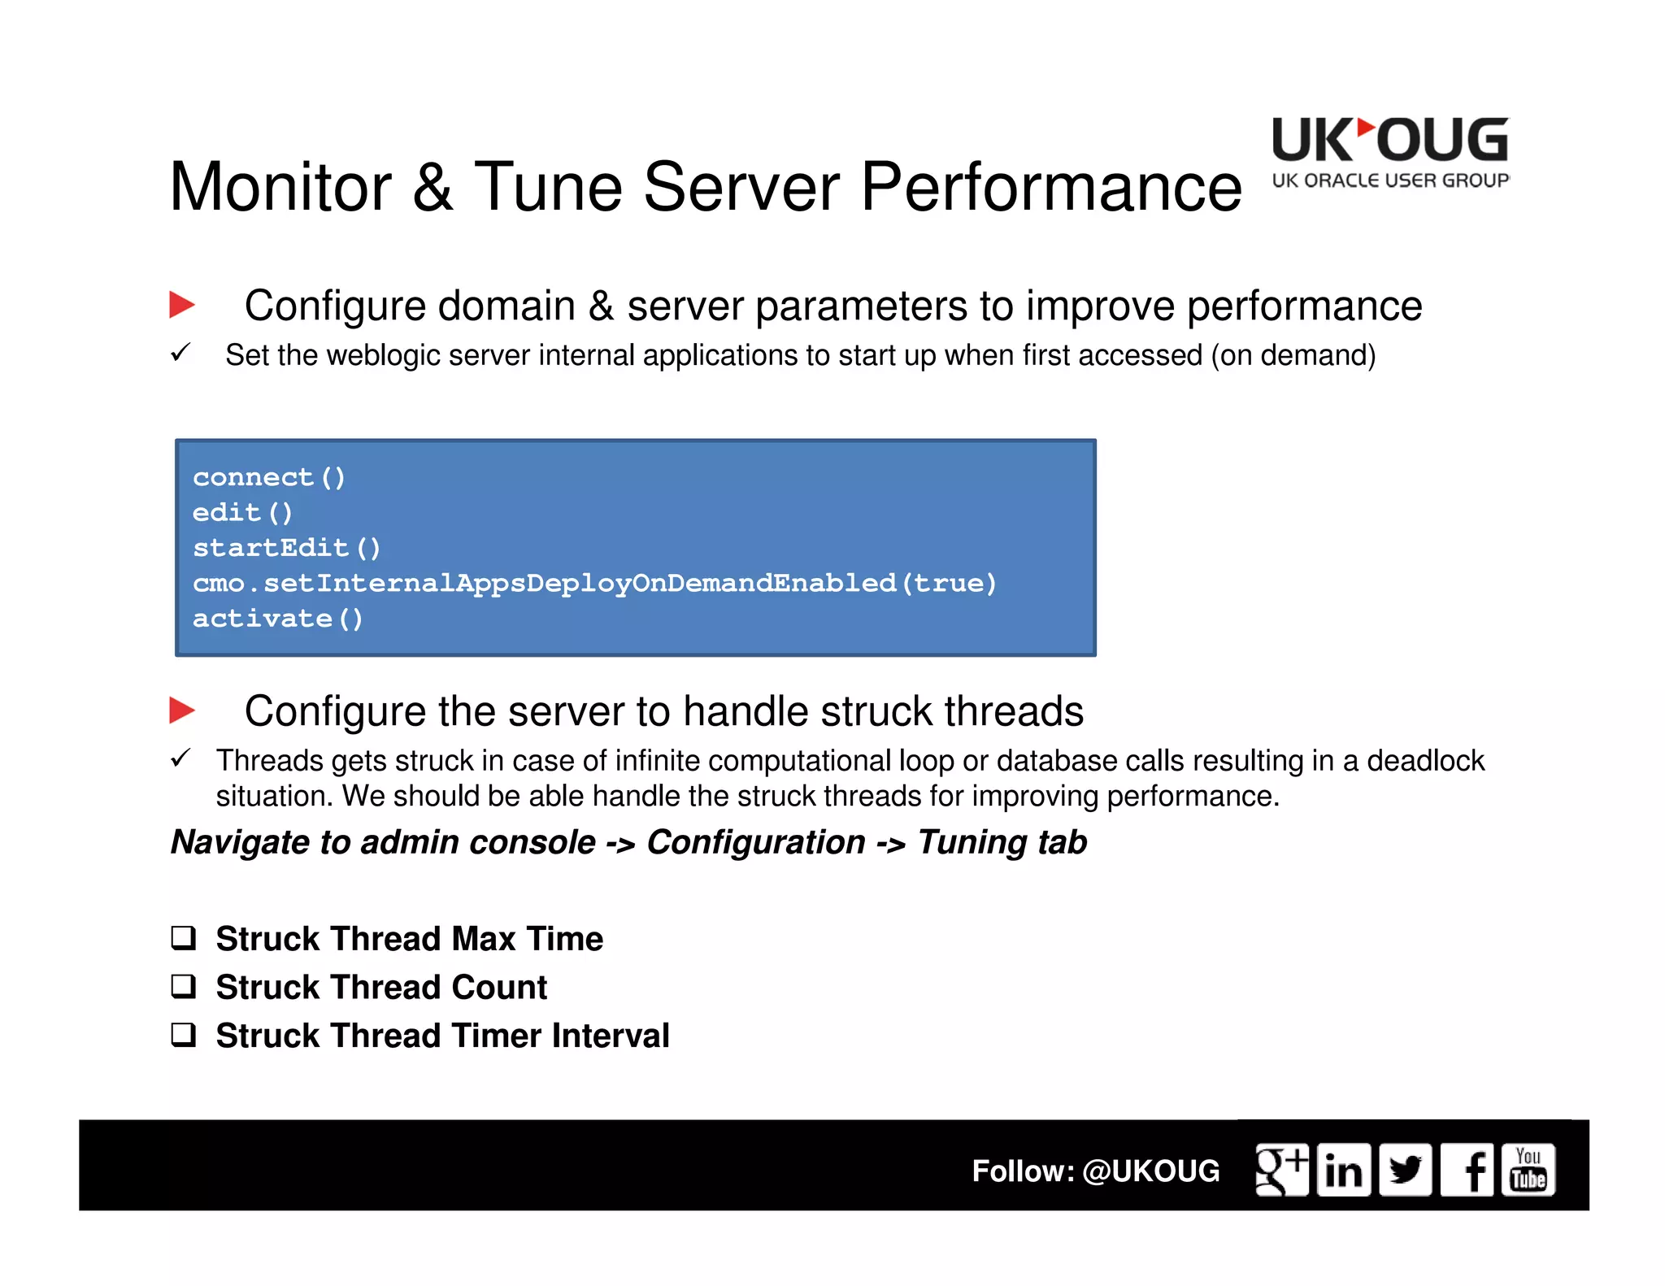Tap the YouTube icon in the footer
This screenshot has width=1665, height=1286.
pyautogui.click(x=1528, y=1170)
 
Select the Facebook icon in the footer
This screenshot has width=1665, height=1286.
pyautogui.click(x=1467, y=1170)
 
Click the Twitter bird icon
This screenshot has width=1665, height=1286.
pyautogui.click(x=1406, y=1170)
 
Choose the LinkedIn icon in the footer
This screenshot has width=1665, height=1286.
pyautogui.click(x=1344, y=1170)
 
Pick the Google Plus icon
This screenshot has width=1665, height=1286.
pyautogui.click(x=1282, y=1170)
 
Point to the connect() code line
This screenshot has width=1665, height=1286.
pyautogui.click(x=269, y=477)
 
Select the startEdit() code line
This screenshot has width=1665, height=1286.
pyautogui.click(x=286, y=548)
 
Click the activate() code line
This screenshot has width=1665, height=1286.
pyautogui.click(x=277, y=619)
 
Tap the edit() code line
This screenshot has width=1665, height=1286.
pyautogui.click(x=242, y=513)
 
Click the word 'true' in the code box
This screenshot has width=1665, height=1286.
pyautogui.click(x=950, y=583)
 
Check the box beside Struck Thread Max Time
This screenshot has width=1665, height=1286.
pyautogui.click(x=184, y=938)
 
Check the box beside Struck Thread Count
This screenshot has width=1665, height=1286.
pyautogui.click(x=184, y=986)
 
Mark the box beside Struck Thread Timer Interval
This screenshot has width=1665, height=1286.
pyautogui.click(x=184, y=1035)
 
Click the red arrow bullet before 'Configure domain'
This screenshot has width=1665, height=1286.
pyautogui.click(x=182, y=305)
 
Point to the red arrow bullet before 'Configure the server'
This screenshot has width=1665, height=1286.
pyautogui.click(x=182, y=710)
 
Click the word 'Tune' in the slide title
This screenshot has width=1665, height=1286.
pyautogui.click(x=548, y=188)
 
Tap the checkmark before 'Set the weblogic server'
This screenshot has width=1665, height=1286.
pyautogui.click(x=180, y=353)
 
